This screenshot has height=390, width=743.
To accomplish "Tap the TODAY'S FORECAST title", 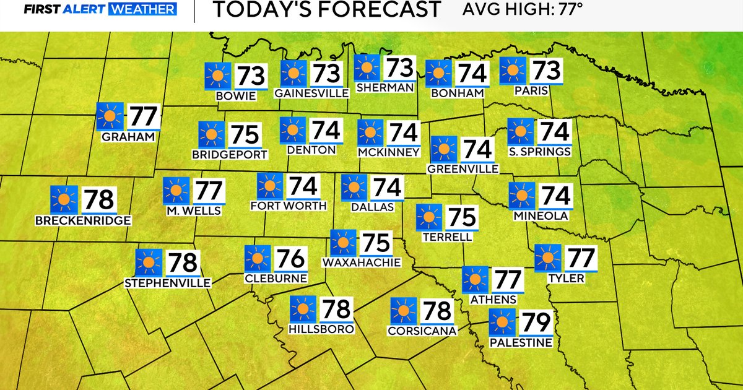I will click(x=326, y=10).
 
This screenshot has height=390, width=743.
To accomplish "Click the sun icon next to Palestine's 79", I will click(x=502, y=323).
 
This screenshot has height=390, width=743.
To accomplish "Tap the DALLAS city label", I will click(x=372, y=207).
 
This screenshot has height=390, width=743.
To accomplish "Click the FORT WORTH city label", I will click(x=288, y=206).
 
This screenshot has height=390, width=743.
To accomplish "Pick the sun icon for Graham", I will click(x=110, y=116).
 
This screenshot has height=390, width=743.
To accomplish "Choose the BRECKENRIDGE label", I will click(x=83, y=220).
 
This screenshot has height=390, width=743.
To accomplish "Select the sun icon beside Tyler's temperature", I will click(x=548, y=258).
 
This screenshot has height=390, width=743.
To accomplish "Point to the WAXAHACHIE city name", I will click(x=362, y=262).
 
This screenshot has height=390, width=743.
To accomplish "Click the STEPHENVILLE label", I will click(x=168, y=284).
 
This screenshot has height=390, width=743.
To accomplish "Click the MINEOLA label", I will click(x=541, y=216).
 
